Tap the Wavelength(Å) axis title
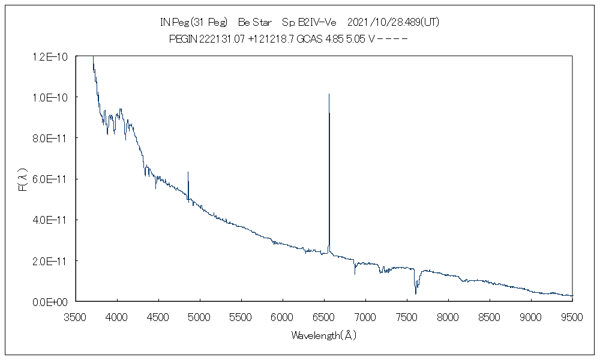[x=324, y=335]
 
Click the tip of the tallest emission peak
[x=329, y=94]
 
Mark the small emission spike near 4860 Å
[x=188, y=172]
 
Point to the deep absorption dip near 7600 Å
[x=416, y=293]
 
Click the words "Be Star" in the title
[x=255, y=22]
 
